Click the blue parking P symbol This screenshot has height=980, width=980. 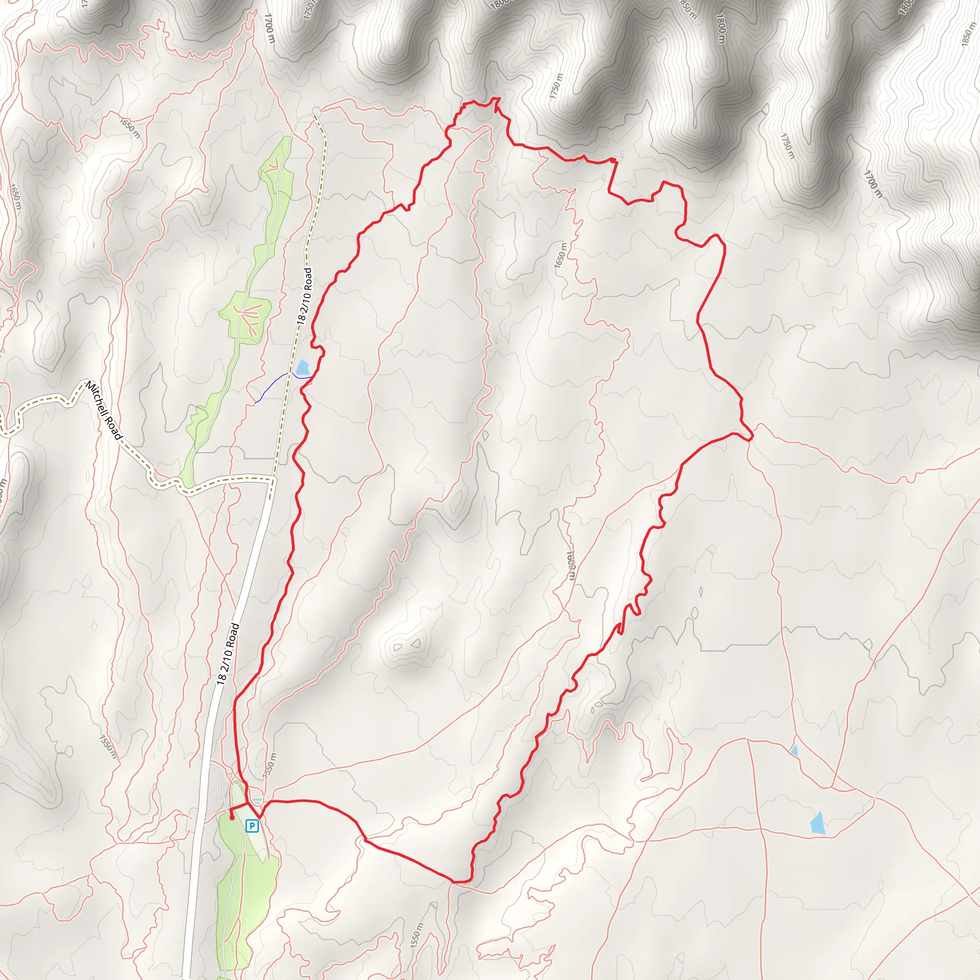[252, 826]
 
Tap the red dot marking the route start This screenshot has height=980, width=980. [232, 818]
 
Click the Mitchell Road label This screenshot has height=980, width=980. [104, 411]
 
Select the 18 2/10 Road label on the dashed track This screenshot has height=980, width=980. [305, 296]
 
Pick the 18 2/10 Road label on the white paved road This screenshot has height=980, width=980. [228, 654]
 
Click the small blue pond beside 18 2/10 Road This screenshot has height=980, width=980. [303, 367]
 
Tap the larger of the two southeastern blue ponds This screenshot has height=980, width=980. [818, 823]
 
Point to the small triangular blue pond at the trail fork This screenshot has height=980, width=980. [794, 751]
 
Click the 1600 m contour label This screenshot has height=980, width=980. [571, 565]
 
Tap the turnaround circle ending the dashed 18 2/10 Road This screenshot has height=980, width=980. [316, 111]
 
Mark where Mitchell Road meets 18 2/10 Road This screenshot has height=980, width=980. [272, 479]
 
